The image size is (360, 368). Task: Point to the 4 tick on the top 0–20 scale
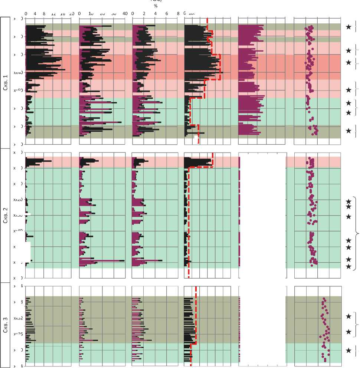click(x=35, y=14)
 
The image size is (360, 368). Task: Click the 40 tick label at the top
click(x=125, y=14)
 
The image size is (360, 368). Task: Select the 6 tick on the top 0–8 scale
click(x=167, y=14)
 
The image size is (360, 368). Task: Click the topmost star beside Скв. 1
click(x=348, y=27)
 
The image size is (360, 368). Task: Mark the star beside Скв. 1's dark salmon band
click(x=348, y=62)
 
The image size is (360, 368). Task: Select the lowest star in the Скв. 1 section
click(x=348, y=131)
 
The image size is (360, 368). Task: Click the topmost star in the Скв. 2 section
click(x=348, y=201)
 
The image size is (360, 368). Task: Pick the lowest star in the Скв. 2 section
click(x=348, y=266)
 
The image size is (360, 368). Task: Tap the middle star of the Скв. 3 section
click(x=348, y=332)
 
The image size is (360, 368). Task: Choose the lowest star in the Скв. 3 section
click(x=348, y=350)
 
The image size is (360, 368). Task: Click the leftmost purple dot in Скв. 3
click(x=320, y=336)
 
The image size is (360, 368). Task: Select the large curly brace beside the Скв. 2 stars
click(x=357, y=233)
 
